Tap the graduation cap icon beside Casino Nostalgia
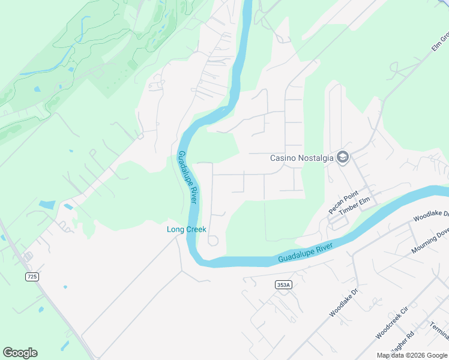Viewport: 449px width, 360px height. (x=343, y=158)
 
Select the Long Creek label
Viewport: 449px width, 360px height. (x=186, y=229)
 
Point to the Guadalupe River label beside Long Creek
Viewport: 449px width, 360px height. (x=187, y=177)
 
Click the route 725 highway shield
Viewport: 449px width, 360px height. (x=32, y=276)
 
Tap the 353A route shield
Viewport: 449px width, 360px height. (x=284, y=285)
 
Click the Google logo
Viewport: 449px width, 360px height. (x=20, y=352)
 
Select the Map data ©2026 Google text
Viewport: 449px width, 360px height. (x=412, y=355)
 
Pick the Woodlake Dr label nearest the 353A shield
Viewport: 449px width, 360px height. (x=343, y=302)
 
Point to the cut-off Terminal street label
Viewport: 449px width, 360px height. (x=439, y=330)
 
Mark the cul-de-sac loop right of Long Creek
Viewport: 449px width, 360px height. (x=212, y=241)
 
